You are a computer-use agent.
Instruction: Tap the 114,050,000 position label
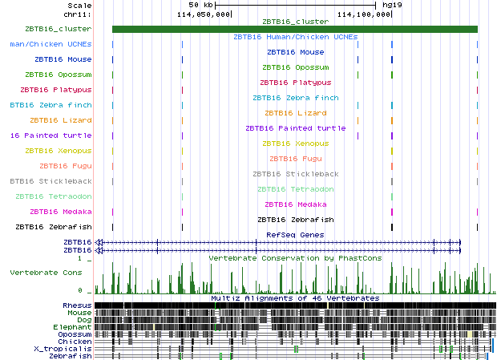click(204, 14)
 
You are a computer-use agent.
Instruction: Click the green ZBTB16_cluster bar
click(294, 30)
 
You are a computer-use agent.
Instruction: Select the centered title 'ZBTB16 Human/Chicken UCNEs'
click(295, 37)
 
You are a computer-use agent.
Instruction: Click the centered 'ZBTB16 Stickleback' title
click(295, 174)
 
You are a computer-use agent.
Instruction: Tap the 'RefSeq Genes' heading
click(295, 234)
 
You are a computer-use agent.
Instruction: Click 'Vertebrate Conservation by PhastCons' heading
click(295, 258)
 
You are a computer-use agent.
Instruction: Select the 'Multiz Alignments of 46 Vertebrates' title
click(295, 298)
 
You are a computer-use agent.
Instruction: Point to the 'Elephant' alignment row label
click(73, 327)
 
